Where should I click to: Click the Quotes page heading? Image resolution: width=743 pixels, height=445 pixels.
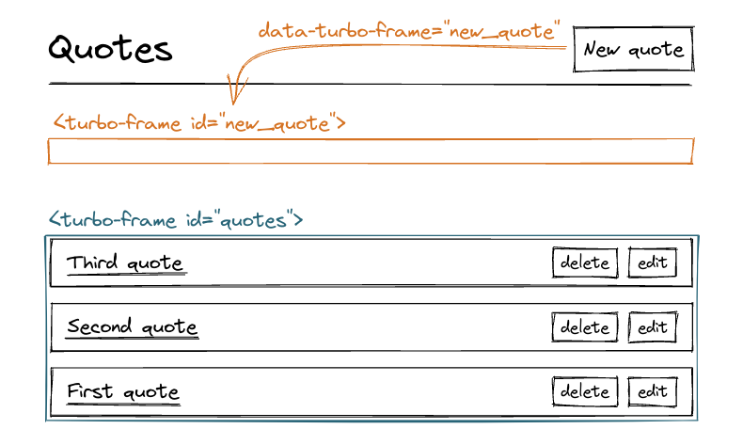click(110, 49)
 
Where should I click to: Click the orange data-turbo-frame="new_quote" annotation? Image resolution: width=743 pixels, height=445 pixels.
click(410, 31)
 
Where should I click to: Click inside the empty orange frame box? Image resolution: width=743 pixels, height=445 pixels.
click(371, 151)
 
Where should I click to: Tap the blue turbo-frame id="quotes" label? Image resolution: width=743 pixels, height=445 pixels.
click(175, 220)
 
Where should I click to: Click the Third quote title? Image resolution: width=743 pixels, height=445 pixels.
click(125, 263)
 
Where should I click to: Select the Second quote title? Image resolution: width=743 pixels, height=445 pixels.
click(132, 327)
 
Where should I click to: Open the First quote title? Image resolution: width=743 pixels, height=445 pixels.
click(122, 391)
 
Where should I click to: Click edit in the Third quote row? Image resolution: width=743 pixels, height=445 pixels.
click(652, 263)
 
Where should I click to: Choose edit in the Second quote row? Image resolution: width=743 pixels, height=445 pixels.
click(652, 327)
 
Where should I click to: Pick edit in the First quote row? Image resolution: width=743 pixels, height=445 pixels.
click(652, 391)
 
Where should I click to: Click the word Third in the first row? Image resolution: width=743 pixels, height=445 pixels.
click(92, 263)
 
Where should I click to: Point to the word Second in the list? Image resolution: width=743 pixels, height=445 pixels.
click(99, 327)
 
